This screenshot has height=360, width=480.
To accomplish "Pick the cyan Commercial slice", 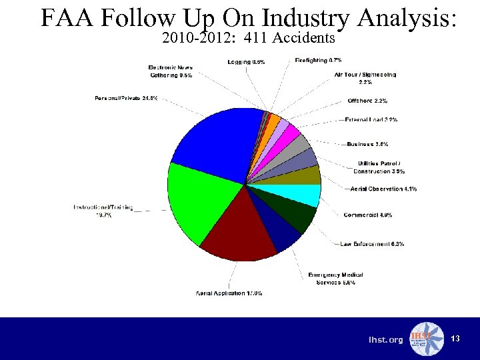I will click(303, 195).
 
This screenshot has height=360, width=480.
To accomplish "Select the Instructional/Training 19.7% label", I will click(103, 211).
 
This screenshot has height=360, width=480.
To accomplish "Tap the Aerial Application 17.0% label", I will click(229, 293).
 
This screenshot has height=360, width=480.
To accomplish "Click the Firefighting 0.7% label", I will click(319, 61).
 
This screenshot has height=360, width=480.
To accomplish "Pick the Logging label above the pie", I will click(246, 62).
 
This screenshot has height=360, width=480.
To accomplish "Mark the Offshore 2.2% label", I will click(367, 101).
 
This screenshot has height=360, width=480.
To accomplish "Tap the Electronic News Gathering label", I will click(171, 71).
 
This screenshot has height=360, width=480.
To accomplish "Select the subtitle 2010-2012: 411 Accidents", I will click(248, 39).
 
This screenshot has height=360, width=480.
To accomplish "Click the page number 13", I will click(455, 339).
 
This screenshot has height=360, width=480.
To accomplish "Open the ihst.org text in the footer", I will click(386, 340).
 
